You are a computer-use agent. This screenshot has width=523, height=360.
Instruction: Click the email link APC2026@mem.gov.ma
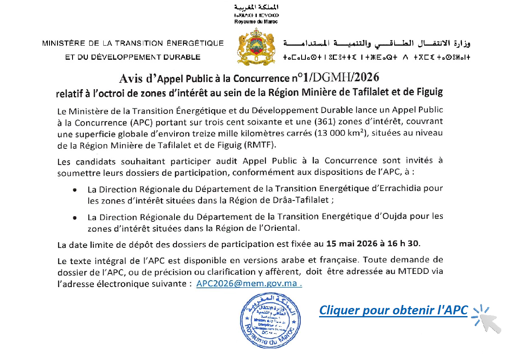(x=249, y=283)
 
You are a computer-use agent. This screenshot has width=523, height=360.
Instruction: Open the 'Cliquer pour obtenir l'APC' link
(x=393, y=310)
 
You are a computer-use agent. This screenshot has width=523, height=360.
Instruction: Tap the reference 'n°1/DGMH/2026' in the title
(x=336, y=78)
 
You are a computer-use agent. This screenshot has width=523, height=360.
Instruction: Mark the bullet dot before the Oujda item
(x=75, y=218)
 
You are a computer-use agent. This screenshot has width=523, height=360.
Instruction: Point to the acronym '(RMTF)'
(x=261, y=145)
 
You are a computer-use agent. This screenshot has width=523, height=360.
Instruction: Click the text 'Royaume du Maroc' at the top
(x=256, y=21)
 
